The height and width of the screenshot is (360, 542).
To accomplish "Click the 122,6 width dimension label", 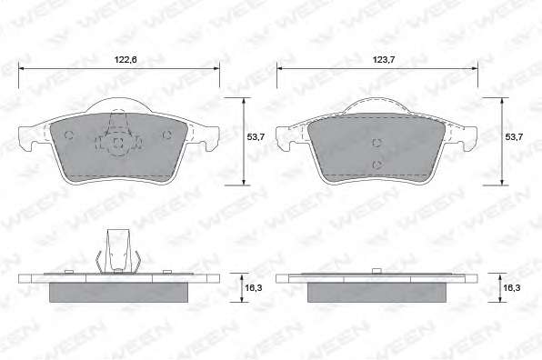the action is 125,60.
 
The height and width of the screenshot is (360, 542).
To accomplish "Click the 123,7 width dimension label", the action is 384,60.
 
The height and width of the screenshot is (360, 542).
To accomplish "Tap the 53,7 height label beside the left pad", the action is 256,136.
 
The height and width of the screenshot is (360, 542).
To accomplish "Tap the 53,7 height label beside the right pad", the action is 514,136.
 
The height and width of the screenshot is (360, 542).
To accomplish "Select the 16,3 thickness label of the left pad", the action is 254,287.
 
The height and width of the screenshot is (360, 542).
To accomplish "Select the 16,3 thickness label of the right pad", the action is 512,287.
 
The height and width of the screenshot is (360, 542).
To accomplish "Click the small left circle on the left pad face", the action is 69,135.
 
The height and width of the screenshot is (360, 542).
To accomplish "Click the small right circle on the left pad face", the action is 167,135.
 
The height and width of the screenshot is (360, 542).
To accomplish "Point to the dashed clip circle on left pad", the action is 118,142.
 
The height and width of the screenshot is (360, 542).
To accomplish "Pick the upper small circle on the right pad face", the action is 376,143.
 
